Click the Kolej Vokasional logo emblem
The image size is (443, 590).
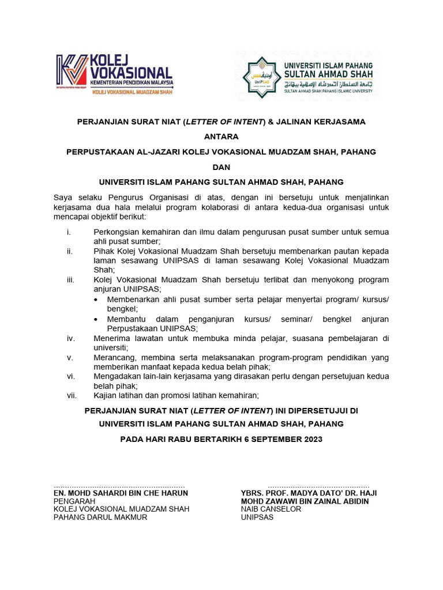(72, 74)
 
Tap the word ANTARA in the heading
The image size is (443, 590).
(221, 137)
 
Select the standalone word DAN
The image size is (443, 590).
(221, 167)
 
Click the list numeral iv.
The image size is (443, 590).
(70, 338)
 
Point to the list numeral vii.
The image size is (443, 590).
(72, 395)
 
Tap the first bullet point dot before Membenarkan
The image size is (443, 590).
(96, 300)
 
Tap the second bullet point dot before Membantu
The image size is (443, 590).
(96, 319)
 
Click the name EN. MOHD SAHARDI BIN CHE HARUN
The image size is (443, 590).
(121, 493)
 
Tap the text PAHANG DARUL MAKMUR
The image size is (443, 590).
(100, 517)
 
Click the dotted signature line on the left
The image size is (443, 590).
(119, 486)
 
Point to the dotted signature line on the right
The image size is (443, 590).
(318, 486)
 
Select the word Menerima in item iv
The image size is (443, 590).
(112, 338)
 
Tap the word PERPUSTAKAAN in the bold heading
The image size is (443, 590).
(102, 152)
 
